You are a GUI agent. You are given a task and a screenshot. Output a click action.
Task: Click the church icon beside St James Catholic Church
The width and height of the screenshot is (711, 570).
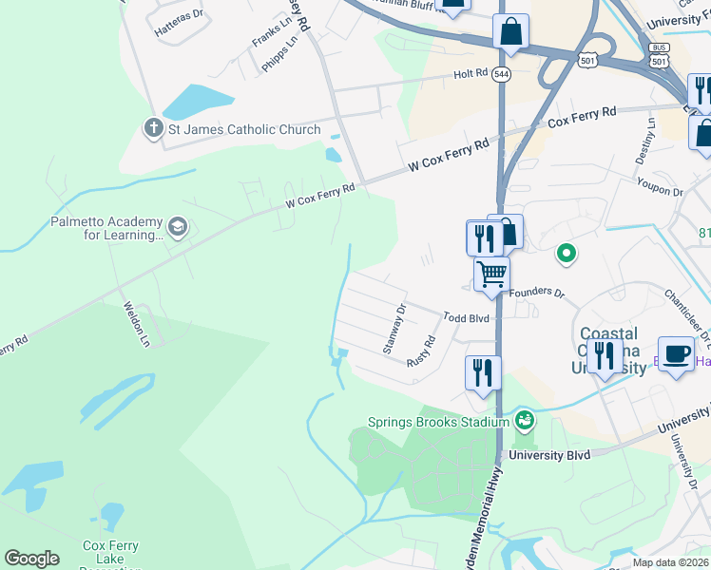point(151,127)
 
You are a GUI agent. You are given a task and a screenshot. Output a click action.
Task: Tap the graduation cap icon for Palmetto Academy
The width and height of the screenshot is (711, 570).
point(177,227)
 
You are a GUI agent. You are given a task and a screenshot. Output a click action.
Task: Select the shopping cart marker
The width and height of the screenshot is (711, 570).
point(492,275)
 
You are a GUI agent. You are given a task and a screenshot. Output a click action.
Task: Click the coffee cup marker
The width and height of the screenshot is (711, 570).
point(676,354)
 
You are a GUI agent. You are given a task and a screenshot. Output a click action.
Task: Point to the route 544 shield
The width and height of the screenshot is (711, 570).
point(501,74)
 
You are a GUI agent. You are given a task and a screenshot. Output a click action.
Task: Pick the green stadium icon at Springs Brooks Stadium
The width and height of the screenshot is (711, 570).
point(524,419)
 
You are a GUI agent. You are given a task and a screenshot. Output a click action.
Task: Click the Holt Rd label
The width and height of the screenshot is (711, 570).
point(471,73)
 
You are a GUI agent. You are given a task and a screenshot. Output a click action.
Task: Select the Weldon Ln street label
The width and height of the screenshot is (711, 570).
point(136,323)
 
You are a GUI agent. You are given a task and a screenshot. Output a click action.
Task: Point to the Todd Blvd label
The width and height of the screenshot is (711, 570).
point(466,317)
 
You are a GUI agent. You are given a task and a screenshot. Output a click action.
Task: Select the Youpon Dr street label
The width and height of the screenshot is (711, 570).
point(660,185)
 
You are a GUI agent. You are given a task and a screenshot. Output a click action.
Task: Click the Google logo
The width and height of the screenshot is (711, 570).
point(31,559)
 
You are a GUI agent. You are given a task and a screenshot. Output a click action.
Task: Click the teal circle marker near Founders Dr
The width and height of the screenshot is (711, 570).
point(567,254)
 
